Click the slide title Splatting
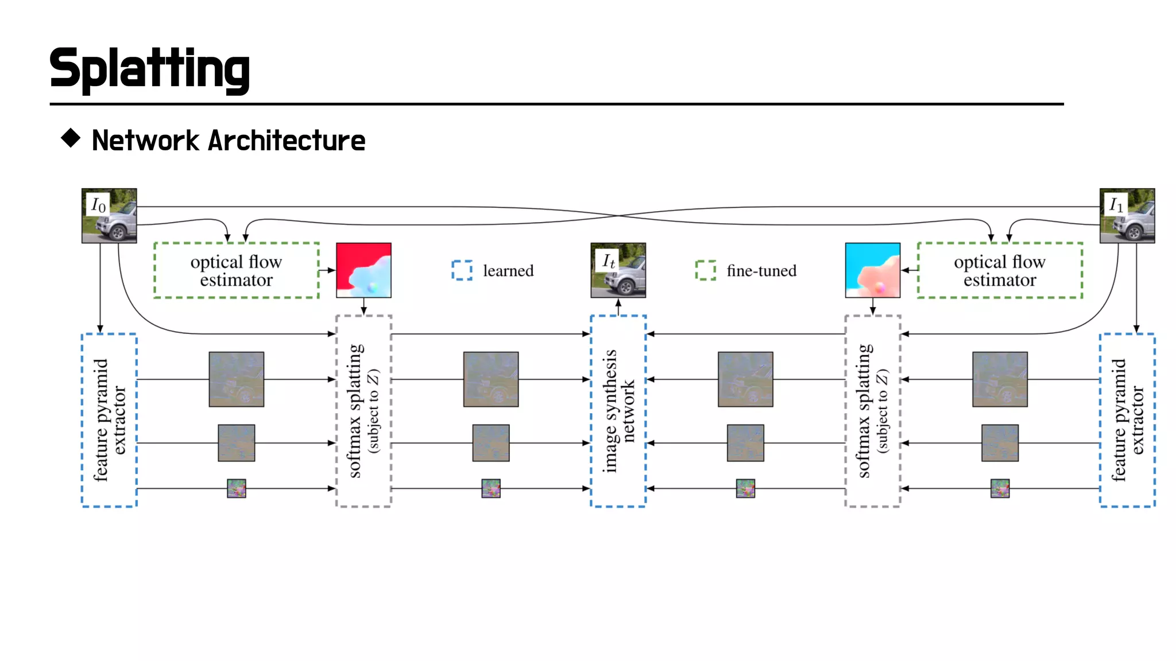point(149,69)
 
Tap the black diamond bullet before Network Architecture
point(71,138)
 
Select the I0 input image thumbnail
point(109,216)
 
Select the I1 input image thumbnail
point(1127,216)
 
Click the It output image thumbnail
point(618,270)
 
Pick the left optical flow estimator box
point(236,270)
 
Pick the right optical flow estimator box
point(1000,270)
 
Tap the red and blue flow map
point(363,270)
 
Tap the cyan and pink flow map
point(872,270)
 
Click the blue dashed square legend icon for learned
point(462,270)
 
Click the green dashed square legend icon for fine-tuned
point(705,270)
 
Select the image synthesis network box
point(618,411)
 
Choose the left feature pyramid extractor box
point(109,420)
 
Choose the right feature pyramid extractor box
point(1127,420)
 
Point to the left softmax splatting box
point(363,411)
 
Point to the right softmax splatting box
point(872,411)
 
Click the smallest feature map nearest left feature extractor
point(236,488)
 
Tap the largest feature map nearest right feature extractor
point(1000,379)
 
